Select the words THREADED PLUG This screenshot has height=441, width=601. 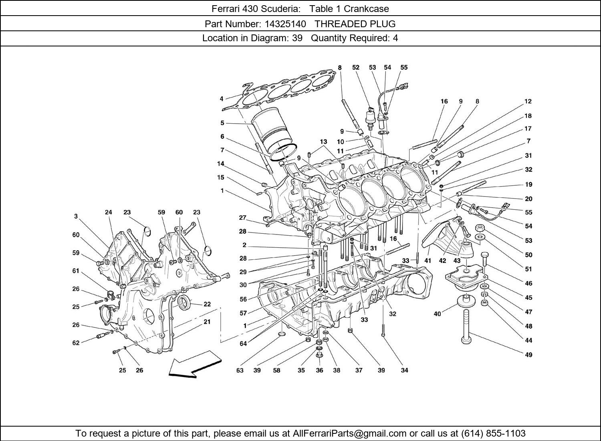coord(355,24)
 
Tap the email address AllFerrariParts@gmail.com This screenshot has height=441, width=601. coord(350,433)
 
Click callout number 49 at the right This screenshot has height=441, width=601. coord(528,355)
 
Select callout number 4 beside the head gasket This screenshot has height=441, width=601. coord(222,99)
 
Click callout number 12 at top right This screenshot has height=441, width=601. coord(528,102)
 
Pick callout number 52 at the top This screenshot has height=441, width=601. coord(356,68)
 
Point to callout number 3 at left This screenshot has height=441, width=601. coord(76,216)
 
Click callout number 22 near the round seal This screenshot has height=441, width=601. coord(207,304)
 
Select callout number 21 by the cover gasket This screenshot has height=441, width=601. coord(207,322)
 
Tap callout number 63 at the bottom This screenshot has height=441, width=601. coord(240,371)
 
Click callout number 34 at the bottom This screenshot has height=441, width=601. coord(404,371)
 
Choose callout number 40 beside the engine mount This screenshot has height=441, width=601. coord(437,314)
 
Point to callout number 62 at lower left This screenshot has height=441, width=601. coord(76,343)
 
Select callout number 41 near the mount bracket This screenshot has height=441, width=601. coord(428,261)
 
